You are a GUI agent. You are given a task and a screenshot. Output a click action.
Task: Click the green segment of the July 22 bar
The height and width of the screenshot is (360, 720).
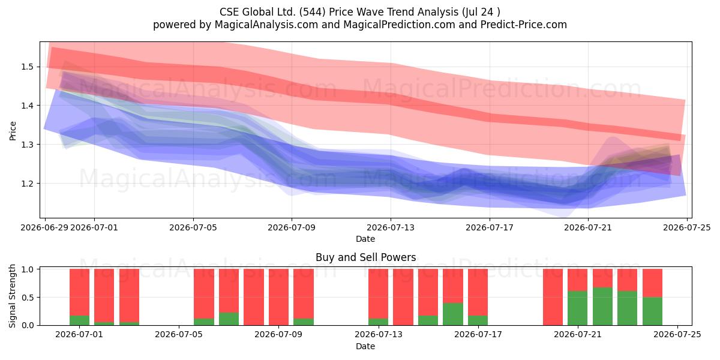click(x=602, y=307)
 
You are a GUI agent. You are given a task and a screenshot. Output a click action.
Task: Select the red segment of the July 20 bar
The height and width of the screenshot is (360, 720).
click(x=553, y=297)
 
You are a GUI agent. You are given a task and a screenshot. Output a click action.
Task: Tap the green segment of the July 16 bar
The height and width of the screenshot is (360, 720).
click(x=453, y=314)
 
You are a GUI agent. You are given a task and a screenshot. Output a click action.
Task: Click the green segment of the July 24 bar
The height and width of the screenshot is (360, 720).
click(x=653, y=311)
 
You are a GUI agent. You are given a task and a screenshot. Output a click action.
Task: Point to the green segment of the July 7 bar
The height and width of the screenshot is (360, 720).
click(x=229, y=319)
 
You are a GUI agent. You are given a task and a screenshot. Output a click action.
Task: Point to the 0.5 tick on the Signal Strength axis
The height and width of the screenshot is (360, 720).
click(x=28, y=298)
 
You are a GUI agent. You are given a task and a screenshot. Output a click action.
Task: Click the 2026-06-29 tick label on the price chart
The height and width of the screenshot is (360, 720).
click(x=44, y=227)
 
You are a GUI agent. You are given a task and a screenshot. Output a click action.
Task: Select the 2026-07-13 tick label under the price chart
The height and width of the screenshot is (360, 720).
click(x=391, y=227)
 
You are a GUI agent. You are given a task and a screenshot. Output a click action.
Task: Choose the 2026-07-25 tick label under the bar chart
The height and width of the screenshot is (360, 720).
click(x=677, y=335)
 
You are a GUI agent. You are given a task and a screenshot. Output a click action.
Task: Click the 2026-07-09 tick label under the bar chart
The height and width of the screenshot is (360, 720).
click(x=278, y=335)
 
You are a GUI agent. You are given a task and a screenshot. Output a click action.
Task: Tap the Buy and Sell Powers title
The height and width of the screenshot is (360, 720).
click(x=366, y=257)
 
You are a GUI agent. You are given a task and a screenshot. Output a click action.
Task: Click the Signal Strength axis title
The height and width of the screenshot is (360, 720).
click(x=12, y=296)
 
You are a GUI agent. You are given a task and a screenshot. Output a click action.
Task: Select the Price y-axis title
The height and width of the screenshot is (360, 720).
click(x=13, y=131)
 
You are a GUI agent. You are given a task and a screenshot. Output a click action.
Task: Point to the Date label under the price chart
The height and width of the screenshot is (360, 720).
click(x=365, y=239)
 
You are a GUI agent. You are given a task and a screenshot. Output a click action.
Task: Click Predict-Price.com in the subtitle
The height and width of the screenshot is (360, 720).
click(x=524, y=25)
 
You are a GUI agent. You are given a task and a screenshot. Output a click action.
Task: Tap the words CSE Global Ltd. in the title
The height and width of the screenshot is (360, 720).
click(x=257, y=12)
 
